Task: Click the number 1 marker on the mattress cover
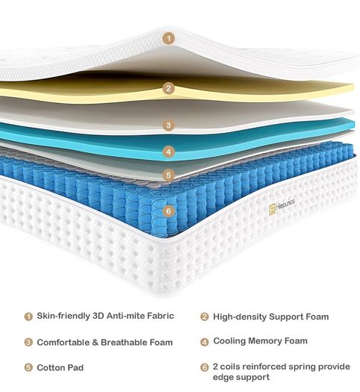coord(169,39)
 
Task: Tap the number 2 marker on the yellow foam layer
coord(169,88)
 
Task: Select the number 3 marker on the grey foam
coord(169,125)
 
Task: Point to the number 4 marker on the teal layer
coord(169,152)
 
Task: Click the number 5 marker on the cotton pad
coord(169,175)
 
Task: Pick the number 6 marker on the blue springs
coord(169,211)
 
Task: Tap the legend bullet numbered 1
coord(28,317)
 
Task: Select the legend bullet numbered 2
coord(205,317)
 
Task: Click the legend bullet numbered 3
coord(28,342)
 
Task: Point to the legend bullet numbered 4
coord(205,342)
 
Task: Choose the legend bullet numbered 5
coord(28,367)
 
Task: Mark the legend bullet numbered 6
coord(205,367)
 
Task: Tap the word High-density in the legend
coord(240,317)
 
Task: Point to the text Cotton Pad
coord(60,367)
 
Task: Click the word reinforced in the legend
coord(264,367)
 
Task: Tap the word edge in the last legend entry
coord(223,377)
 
